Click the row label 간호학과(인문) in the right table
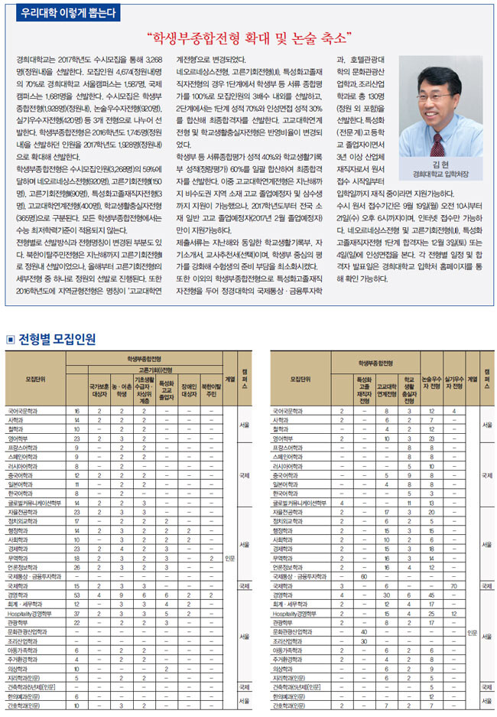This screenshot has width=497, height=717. pyautogui.click(x=293, y=706)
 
